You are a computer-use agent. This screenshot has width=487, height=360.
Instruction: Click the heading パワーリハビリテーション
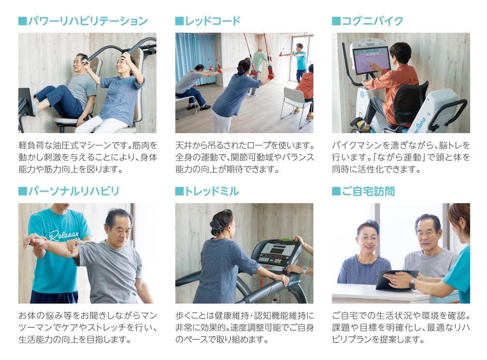tap(88, 21)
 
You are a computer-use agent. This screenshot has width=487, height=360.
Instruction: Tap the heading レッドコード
tap(213, 21)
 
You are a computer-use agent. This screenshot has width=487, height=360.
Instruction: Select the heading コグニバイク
tap(373, 21)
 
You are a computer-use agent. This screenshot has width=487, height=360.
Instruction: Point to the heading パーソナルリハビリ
tap(74, 191)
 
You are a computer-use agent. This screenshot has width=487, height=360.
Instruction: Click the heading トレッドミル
tap(212, 191)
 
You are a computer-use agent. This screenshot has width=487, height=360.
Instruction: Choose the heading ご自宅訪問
tap(368, 191)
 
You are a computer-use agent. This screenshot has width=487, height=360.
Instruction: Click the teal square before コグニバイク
tap(336, 21)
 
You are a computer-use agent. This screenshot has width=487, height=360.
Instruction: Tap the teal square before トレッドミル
tap(180, 191)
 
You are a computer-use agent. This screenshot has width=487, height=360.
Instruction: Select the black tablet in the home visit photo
tap(396, 279)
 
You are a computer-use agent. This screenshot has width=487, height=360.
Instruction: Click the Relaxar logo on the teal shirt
tap(64, 234)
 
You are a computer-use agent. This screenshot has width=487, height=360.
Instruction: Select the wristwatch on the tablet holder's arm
tap(412, 283)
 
